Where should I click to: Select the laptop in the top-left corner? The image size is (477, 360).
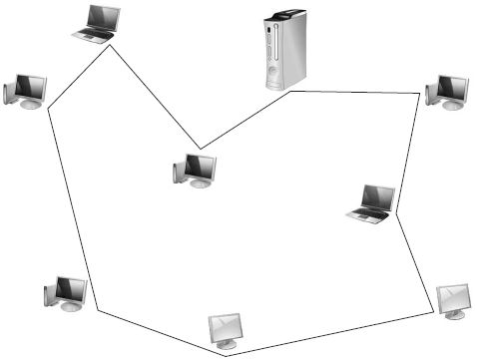click(x=98, y=23)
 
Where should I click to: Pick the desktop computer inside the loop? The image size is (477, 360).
click(x=195, y=171)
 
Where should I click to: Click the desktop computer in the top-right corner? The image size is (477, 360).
click(x=447, y=91)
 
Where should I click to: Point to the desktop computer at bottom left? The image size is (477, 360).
click(x=66, y=294)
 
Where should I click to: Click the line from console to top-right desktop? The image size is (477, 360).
click(x=354, y=93)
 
